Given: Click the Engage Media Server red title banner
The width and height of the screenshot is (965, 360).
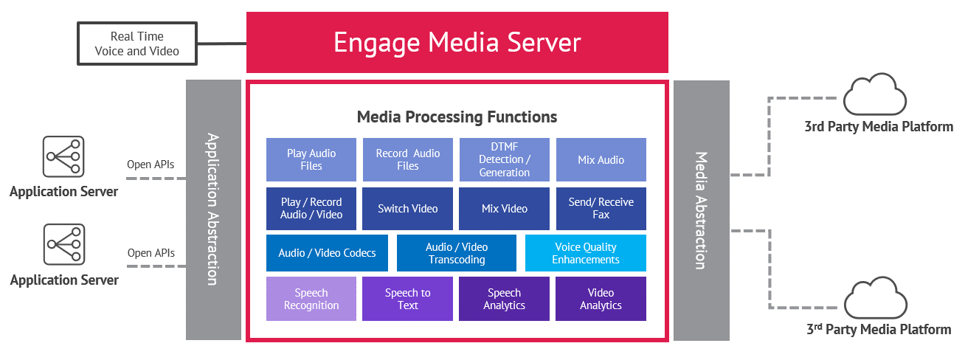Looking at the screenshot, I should [457, 42].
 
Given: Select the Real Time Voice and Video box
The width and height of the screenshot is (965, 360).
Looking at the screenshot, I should [136, 44].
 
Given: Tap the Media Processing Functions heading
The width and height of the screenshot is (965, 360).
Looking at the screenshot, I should [457, 117].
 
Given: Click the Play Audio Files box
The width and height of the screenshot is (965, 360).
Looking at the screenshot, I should [311, 159].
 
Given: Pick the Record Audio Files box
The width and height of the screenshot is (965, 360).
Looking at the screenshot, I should [408, 159].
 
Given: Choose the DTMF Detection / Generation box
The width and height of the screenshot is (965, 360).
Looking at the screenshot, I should [505, 159].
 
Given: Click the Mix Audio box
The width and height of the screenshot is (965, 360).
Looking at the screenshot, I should [601, 159].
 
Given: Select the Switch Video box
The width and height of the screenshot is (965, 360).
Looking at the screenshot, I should [408, 209].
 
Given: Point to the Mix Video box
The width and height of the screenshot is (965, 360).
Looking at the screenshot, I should [505, 209].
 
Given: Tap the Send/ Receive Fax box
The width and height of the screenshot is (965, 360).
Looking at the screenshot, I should [601, 209].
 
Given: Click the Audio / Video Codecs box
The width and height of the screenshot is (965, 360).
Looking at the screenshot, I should [327, 253].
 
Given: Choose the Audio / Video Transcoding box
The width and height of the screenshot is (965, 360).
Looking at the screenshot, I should [457, 253].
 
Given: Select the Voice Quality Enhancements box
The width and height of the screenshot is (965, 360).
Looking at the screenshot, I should [586, 253].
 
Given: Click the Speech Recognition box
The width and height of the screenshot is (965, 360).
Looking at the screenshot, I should [311, 299].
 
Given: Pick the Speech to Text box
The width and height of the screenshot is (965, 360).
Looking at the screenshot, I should [408, 299].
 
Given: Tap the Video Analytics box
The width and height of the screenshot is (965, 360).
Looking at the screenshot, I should [601, 299].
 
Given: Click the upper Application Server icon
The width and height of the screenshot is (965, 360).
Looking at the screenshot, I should [63, 156].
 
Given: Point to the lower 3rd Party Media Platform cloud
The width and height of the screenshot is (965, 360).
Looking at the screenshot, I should [876, 298].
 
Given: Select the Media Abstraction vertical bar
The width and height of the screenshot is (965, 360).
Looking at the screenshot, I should [701, 210].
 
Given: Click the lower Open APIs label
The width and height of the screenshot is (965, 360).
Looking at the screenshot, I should [151, 253].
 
